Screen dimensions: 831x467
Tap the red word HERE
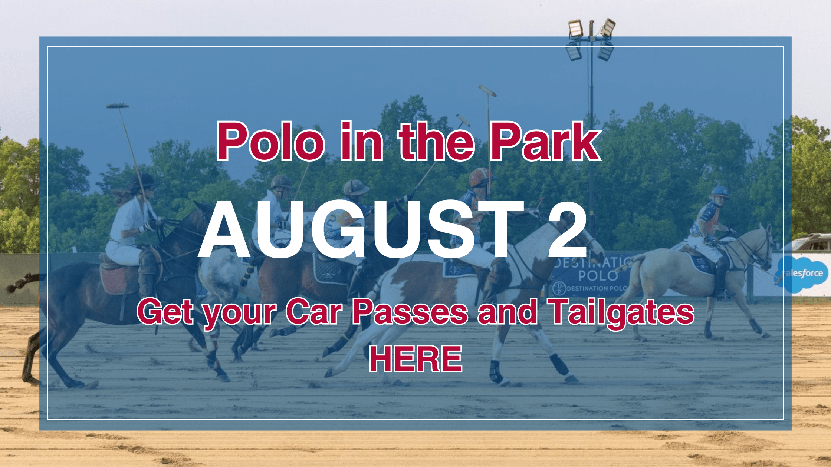pos(415,358)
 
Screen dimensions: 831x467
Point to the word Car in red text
pos(313,312)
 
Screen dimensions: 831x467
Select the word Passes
pos(410,312)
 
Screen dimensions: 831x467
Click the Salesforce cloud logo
pos(802,274)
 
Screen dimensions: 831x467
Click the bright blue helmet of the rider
pos(720,192)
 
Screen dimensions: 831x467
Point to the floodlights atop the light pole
pos(591,39)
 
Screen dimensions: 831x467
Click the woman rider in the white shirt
pos(134,222)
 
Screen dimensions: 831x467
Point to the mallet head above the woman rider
pos(118,106)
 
